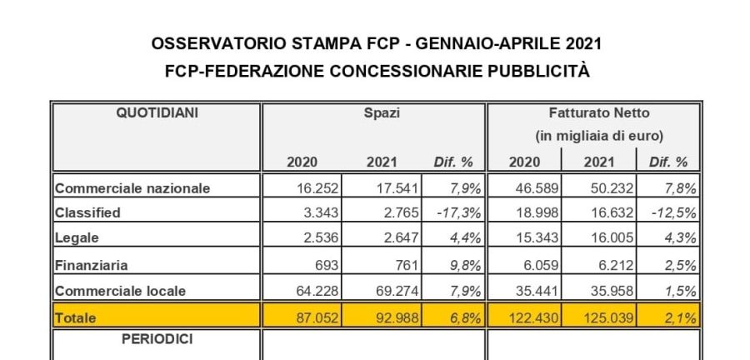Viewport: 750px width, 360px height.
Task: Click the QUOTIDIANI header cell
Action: [x=157, y=112]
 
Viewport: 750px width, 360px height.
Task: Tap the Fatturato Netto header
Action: [x=599, y=112]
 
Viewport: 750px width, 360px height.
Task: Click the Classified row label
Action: [x=87, y=212]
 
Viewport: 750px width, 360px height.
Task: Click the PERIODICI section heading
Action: [x=157, y=340]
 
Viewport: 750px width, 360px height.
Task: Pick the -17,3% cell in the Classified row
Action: [x=454, y=212]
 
